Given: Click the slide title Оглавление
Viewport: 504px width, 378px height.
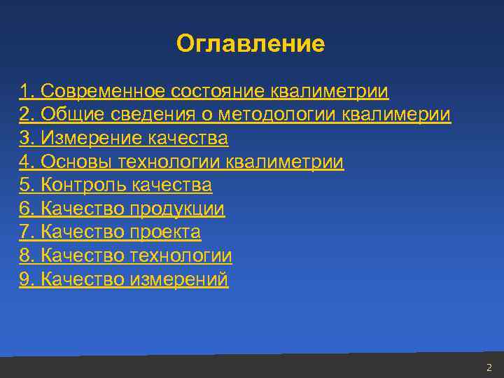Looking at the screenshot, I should click(x=251, y=44).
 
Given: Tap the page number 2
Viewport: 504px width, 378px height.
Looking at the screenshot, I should click(x=489, y=367).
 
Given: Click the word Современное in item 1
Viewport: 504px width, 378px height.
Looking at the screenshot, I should click(x=102, y=91).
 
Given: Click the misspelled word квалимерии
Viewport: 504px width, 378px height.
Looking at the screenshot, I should click(x=397, y=115).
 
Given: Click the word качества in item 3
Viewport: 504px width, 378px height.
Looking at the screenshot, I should click(x=189, y=139).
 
